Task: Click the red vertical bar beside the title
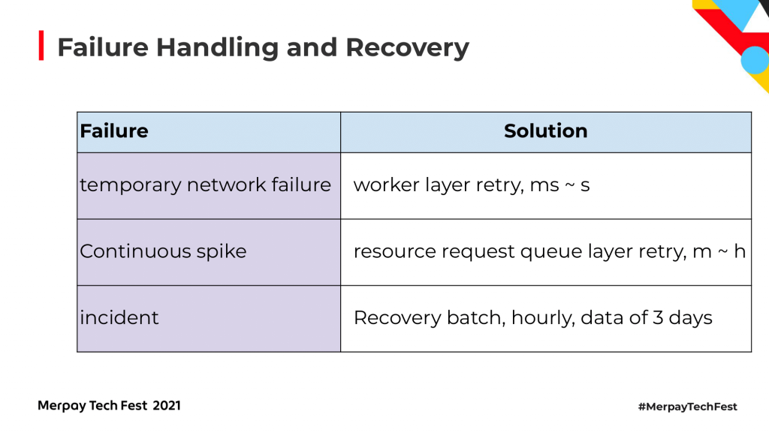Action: (x=41, y=46)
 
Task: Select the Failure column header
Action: (x=114, y=131)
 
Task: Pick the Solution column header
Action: (x=545, y=131)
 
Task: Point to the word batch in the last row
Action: (x=476, y=318)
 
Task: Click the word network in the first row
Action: (x=226, y=185)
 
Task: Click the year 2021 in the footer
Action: (x=166, y=406)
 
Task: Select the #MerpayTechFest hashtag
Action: (x=688, y=406)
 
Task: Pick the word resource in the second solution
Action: (x=395, y=252)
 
